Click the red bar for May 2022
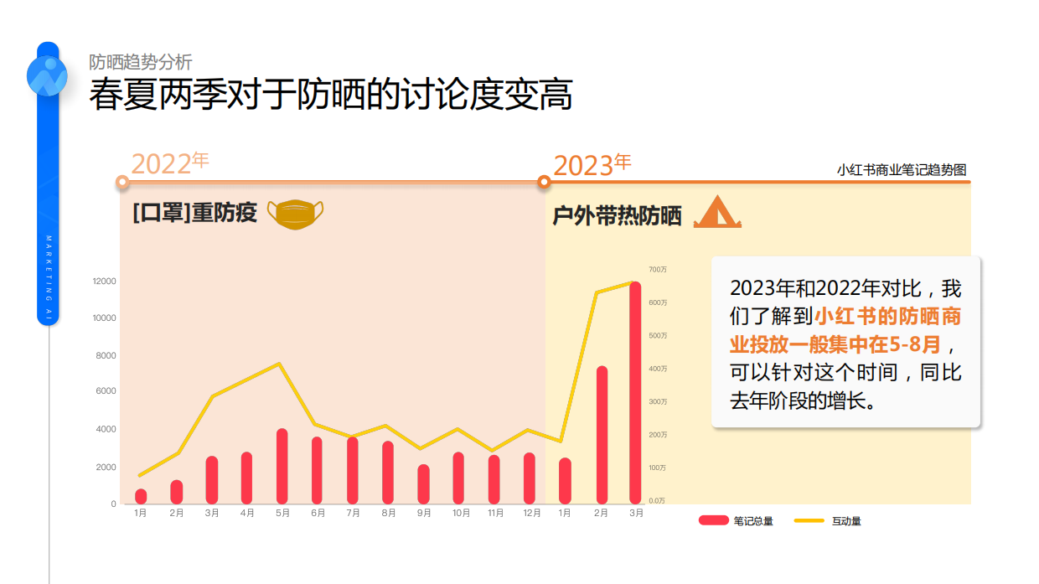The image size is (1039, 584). tap(282, 467)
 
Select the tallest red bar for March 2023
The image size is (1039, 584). tap(635, 393)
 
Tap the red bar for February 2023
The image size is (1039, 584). tap(601, 435)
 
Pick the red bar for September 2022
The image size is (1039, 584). tap(423, 484)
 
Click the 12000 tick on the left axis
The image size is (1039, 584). tap(104, 281)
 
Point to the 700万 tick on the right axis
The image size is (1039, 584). tap(658, 269)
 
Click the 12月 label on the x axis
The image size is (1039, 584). tap(530, 513)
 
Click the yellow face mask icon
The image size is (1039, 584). tap(295, 214)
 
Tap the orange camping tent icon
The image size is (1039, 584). tap(716, 212)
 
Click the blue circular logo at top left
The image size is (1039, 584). tap(47, 75)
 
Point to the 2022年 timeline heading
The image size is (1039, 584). tap(170, 163)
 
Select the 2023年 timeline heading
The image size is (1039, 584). tap(592, 165)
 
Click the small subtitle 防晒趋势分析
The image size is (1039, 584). tap(141, 62)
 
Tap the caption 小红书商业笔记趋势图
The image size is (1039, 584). tap(901, 170)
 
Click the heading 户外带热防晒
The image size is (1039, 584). tap(617, 216)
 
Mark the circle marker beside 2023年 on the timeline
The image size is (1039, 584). tap(544, 182)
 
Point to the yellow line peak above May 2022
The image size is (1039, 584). tap(279, 364)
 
